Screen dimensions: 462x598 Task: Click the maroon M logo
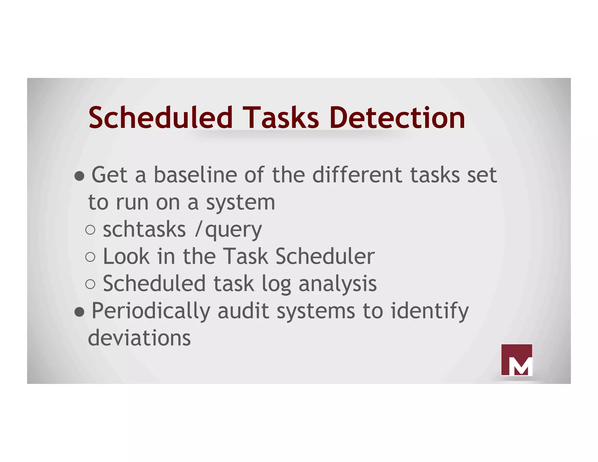pyautogui.click(x=517, y=360)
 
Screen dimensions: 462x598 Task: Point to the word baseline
pyautogui.click(x=195, y=175)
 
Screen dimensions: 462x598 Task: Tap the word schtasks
pyautogui.click(x=144, y=230)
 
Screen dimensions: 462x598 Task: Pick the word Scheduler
pyautogui.click(x=325, y=256)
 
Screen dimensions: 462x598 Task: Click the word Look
pyautogui.click(x=126, y=256)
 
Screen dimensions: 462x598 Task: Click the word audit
pyautogui.click(x=243, y=311)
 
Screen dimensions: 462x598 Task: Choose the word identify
pyautogui.click(x=430, y=311)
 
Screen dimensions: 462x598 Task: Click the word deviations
pyautogui.click(x=139, y=338)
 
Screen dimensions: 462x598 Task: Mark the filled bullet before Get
pyautogui.click(x=79, y=176)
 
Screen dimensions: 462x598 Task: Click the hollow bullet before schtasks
pyautogui.click(x=90, y=230)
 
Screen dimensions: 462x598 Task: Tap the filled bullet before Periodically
pyautogui.click(x=79, y=312)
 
